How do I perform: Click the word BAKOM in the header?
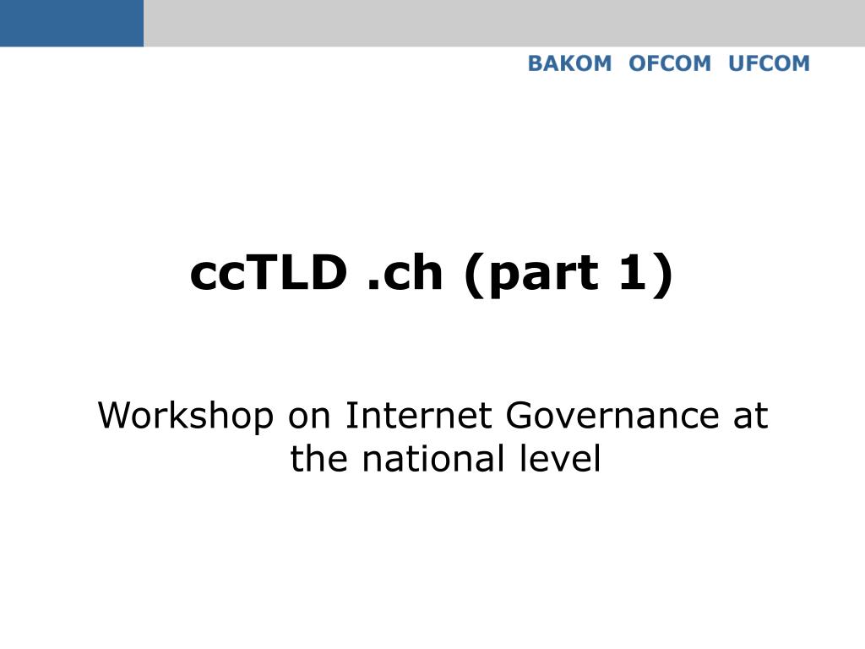[569, 63]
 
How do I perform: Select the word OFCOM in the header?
[670, 63]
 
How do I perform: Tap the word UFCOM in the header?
[769, 63]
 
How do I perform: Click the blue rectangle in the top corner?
[72, 23]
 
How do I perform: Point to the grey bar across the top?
[504, 23]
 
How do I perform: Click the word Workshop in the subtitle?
[186, 416]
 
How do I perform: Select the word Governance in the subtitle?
[612, 416]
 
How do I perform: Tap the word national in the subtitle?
[433, 459]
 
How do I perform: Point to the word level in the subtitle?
[560, 459]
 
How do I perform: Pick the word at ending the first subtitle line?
[750, 417]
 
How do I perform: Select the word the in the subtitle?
[318, 459]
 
